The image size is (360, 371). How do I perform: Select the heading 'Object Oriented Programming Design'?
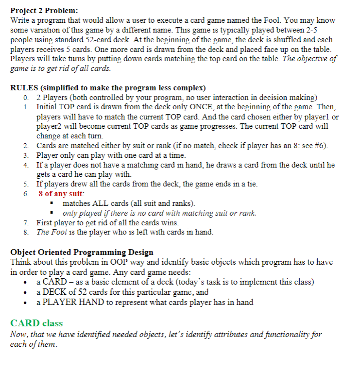point(82,252)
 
